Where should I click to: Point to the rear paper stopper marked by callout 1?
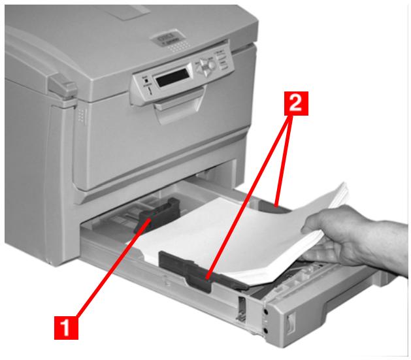point(157,215)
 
